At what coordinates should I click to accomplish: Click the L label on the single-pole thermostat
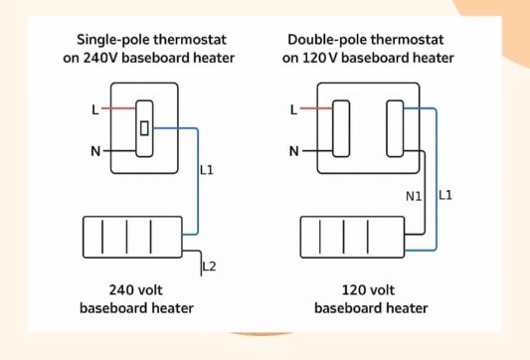95,108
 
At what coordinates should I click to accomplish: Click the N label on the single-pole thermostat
95,151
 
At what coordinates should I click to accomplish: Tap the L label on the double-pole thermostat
293,108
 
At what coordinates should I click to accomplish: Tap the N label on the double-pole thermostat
293,151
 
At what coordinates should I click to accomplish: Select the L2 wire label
208,267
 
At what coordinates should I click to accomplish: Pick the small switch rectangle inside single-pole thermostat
144,127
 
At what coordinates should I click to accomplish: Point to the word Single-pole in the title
112,40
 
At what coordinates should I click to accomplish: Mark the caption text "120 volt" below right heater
355,290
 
